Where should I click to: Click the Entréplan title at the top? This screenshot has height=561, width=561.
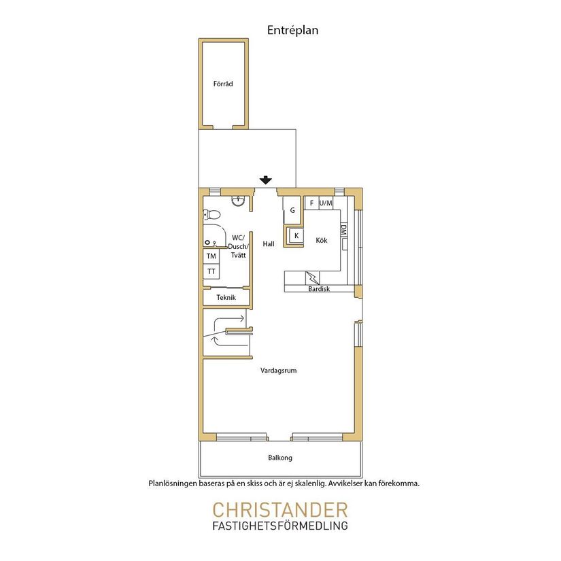point(292,31)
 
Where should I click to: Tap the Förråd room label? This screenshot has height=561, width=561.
point(223,84)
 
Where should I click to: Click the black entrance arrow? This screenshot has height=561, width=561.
point(265,180)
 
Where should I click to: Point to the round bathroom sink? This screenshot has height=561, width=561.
point(238,201)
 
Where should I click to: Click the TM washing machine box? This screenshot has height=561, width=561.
point(211,256)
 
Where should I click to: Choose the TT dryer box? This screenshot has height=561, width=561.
point(211,271)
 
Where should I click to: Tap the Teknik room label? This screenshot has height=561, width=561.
point(226,297)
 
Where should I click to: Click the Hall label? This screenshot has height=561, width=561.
point(269,244)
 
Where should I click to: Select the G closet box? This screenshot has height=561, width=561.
point(292,210)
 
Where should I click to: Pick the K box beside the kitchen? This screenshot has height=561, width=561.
point(296,236)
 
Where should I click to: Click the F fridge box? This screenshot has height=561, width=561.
point(311,203)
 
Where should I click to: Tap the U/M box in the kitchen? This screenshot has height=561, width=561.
point(326,203)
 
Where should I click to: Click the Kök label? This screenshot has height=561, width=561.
point(321,241)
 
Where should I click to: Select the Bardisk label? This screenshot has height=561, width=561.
point(319,289)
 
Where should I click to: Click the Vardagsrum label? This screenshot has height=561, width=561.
point(278,371)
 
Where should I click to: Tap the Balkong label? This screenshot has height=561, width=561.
point(280,458)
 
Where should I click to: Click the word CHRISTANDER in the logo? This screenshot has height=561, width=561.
point(280,510)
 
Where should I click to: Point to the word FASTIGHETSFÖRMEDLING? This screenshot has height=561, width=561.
point(280,526)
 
